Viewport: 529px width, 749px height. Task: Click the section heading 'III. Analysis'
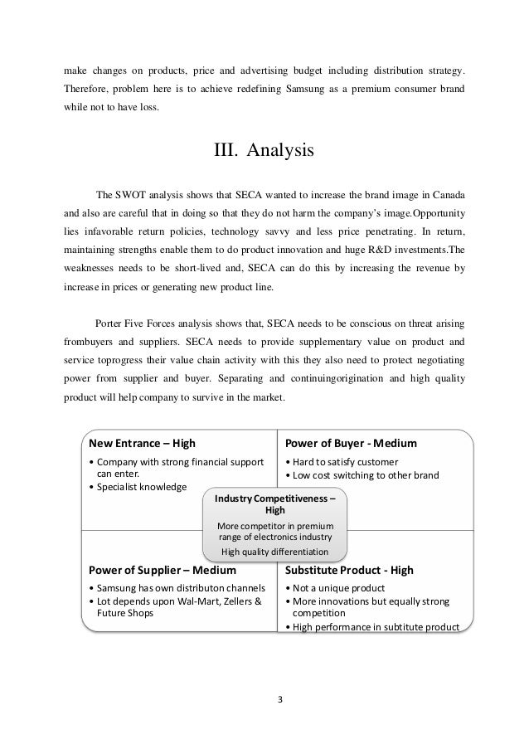tap(264, 152)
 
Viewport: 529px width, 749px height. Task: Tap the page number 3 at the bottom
tap(280, 698)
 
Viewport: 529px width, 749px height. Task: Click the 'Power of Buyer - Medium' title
tap(350, 442)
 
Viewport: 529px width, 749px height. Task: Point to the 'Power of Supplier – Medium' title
tap(162, 571)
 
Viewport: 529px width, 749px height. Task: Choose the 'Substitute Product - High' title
tap(349, 571)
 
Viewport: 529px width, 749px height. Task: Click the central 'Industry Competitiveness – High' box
tap(275, 505)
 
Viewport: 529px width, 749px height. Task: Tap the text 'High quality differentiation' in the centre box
tap(275, 551)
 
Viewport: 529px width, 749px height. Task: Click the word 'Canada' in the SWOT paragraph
tap(444, 195)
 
